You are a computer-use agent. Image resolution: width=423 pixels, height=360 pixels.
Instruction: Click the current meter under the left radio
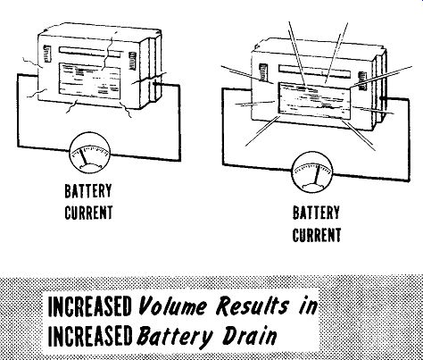[x=90, y=155]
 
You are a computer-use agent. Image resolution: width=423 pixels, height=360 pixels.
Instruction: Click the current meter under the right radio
[x=312, y=172]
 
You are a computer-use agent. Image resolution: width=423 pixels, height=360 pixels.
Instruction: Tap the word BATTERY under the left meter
[x=88, y=191]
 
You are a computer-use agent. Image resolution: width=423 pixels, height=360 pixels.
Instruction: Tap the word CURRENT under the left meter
[x=88, y=213]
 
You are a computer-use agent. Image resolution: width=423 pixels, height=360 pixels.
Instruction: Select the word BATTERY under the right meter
[x=316, y=213]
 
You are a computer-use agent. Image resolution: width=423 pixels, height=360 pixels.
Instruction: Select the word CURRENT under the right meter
[x=317, y=235]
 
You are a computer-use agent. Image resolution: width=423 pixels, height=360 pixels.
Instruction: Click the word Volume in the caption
[x=172, y=306]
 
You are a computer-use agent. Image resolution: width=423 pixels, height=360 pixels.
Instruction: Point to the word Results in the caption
[x=253, y=306]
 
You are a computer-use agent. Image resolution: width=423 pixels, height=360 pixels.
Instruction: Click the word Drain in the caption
[x=250, y=336]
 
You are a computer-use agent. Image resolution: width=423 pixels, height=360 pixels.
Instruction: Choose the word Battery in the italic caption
[x=175, y=338]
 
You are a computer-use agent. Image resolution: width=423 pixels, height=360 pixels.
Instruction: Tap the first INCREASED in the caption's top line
[x=89, y=306]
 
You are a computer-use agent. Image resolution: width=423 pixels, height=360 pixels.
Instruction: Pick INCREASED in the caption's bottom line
[x=89, y=336]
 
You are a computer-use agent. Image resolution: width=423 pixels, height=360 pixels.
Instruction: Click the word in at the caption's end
[x=308, y=306]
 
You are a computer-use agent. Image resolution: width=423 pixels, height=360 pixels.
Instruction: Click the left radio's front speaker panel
[x=89, y=81]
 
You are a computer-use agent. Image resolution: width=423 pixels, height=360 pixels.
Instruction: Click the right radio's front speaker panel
[x=314, y=101]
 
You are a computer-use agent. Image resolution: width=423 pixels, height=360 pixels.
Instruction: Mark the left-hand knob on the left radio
[x=47, y=54]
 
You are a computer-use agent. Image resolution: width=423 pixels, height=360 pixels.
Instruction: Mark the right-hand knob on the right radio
[x=362, y=80]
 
